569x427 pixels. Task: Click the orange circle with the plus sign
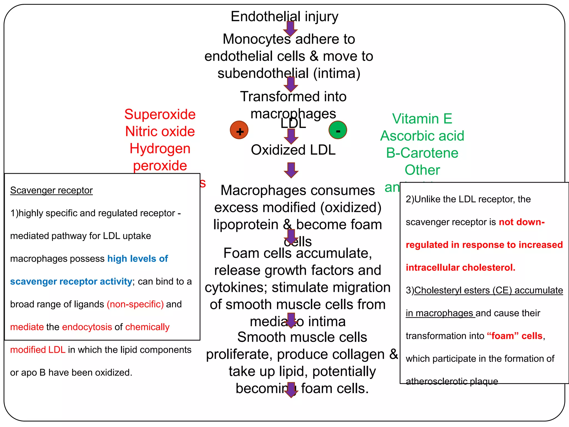coord(239,130)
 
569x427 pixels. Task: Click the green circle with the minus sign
coord(338,130)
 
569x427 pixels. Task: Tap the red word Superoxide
coord(160,115)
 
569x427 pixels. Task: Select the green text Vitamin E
coord(422,119)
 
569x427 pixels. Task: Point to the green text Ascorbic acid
coord(422,136)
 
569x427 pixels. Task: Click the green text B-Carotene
coord(422,153)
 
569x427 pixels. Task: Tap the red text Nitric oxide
coord(160,131)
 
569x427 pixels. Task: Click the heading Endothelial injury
coord(284,17)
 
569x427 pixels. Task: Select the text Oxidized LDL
coord(293,150)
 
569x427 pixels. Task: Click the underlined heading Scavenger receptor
coord(51,190)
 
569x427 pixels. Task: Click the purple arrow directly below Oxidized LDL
coord(291,170)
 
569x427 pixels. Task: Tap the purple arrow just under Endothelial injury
coord(290,28)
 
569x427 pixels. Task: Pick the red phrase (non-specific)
coord(135,304)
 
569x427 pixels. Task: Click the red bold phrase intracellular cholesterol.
coord(460,267)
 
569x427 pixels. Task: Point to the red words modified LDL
coord(38,350)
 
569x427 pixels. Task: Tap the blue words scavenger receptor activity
coord(71,281)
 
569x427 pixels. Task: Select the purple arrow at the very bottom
coord(291,390)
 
